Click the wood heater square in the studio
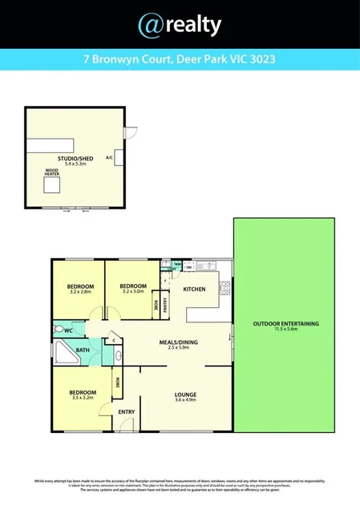[x=52, y=186]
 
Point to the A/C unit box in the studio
[x=119, y=157]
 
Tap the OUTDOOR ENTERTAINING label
[x=286, y=323]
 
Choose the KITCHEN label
[x=195, y=289]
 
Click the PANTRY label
[x=165, y=305]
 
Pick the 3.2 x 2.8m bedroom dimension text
[x=80, y=293]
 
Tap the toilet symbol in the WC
[x=59, y=329]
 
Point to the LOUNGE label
[x=185, y=394]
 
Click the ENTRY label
[x=127, y=412]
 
